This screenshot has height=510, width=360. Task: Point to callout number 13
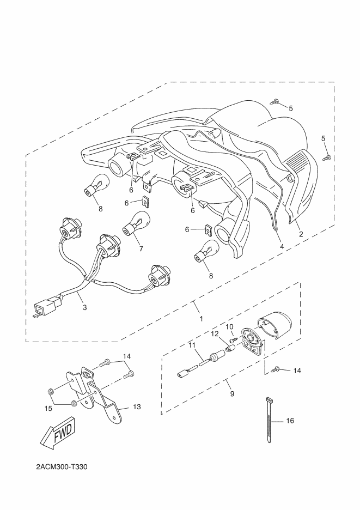coord(137,407)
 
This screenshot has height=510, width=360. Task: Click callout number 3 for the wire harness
coord(84,307)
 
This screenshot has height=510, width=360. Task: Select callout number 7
coord(141,248)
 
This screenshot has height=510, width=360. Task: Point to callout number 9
coord(232,393)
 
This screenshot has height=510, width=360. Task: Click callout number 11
coord(191,345)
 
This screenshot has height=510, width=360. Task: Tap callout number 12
coord(215,333)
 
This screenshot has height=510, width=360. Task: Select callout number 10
coord(229,327)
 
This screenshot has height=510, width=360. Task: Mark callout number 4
coord(282,246)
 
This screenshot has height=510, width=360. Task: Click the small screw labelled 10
coord(233,340)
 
